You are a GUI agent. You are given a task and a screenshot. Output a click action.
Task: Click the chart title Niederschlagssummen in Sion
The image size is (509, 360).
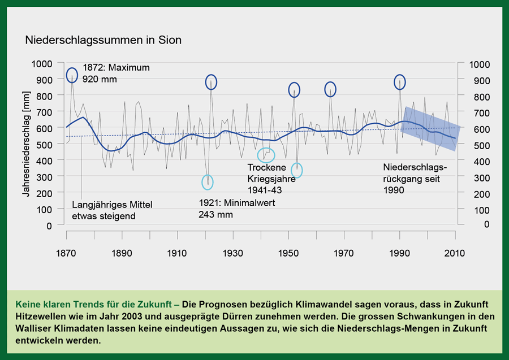coord(102,41)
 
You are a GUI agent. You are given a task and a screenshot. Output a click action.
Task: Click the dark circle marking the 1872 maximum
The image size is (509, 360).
coord(72,75)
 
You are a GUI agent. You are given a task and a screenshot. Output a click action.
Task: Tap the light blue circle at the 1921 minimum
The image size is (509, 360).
coord(208,182)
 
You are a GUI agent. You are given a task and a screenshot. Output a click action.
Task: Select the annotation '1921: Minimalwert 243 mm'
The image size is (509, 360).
coord(236,209)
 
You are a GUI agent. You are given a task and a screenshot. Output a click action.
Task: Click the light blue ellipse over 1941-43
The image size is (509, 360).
coord(266,154)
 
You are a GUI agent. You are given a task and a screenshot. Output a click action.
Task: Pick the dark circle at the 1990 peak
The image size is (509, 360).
coord(400,82)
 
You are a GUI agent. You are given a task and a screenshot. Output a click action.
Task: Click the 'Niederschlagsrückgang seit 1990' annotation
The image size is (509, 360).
coord(415,179)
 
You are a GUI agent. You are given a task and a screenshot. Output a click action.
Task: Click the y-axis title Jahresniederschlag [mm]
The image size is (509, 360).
coord(26,146)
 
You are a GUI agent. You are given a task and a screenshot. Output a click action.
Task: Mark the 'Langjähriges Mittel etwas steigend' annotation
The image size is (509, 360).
coord(113,210)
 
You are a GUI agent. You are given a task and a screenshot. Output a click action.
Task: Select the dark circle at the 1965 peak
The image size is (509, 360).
coord(330,89)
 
